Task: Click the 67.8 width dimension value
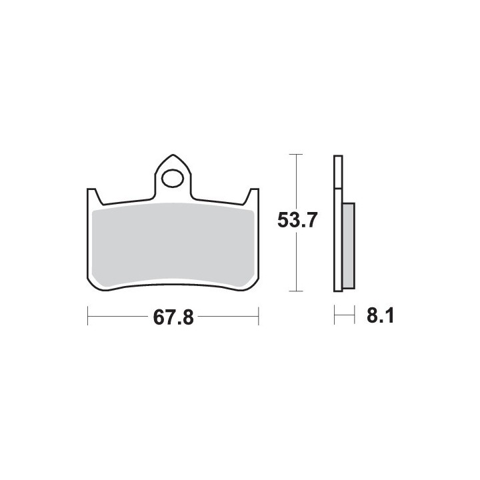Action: [173, 317]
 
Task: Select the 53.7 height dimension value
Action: [296, 220]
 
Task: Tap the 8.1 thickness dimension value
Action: [380, 315]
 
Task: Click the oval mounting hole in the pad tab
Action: [173, 178]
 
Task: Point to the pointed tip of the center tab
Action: [173, 155]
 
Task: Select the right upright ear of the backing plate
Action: [254, 196]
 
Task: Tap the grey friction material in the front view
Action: [173, 244]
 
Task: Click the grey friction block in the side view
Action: [349, 246]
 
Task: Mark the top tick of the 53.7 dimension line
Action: [296, 154]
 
